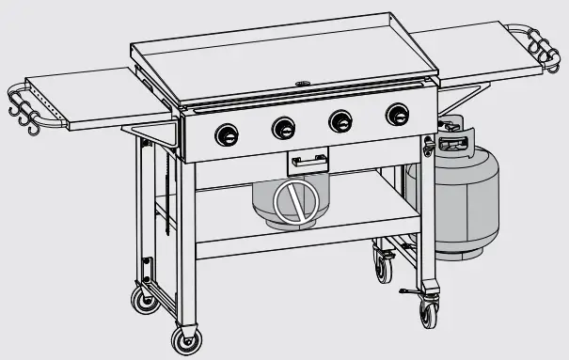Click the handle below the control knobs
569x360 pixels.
(x=308, y=162)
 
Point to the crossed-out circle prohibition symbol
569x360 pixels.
(x=292, y=200)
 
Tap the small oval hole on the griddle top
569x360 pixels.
(x=303, y=85)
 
